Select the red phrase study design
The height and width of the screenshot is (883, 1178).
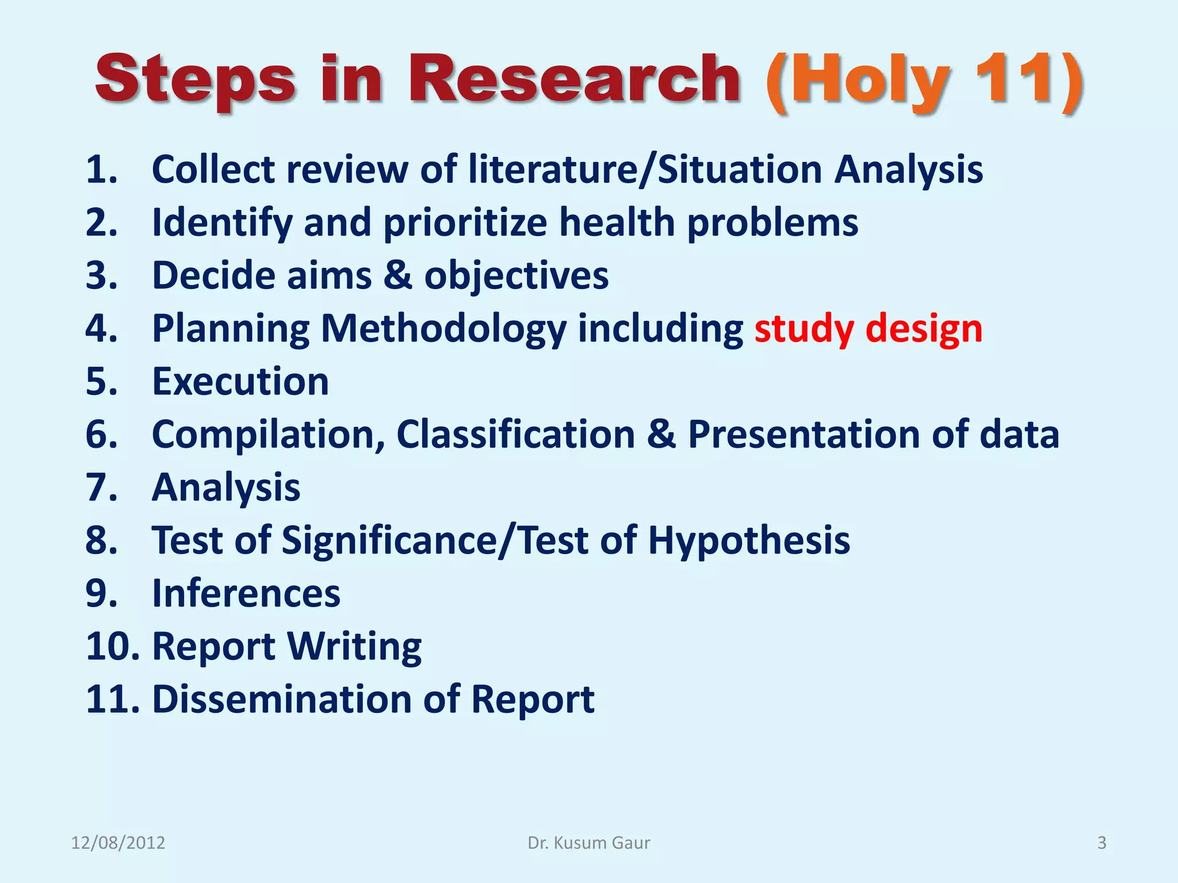868,329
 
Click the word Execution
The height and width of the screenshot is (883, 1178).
240,381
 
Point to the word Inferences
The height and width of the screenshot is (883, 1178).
246,593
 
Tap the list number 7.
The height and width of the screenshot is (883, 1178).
101,487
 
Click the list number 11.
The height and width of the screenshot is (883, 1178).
113,700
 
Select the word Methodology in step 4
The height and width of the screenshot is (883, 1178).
443,329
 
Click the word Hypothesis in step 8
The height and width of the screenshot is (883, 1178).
749,540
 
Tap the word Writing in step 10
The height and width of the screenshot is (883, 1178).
354,647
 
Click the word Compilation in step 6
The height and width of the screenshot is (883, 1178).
268,434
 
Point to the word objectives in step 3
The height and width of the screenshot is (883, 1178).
516,275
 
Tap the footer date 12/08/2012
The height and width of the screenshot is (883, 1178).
118,843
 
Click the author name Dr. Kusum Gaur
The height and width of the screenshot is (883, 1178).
589,843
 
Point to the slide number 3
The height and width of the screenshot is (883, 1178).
1101,843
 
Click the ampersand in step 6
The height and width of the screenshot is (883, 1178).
661,434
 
